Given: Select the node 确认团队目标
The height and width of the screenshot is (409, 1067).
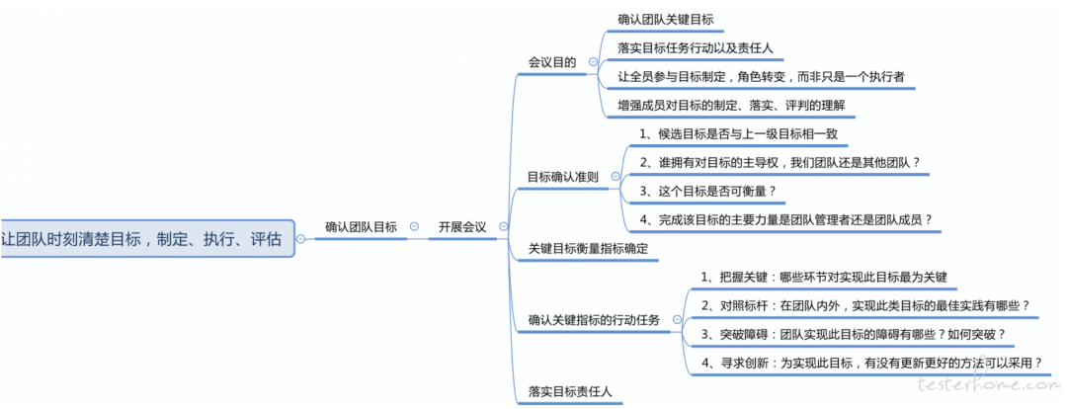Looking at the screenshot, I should pyautogui.click(x=361, y=227).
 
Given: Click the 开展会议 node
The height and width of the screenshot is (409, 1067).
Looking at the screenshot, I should pyautogui.click(x=462, y=227).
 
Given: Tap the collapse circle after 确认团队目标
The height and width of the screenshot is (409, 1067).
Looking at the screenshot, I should pyautogui.click(x=414, y=227).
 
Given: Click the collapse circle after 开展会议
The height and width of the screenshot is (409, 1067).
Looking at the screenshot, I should pyautogui.click(x=504, y=227).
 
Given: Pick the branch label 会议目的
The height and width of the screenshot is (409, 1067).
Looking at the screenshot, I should pyautogui.click(x=551, y=62).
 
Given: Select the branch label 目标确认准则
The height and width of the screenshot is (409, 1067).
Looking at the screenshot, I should pyautogui.click(x=563, y=177).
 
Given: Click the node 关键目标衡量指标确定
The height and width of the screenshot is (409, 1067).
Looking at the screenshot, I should pyautogui.click(x=588, y=248).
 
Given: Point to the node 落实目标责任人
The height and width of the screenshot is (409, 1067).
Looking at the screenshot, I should pyautogui.click(x=570, y=391).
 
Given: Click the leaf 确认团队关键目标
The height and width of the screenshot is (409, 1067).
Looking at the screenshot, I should pyautogui.click(x=665, y=19).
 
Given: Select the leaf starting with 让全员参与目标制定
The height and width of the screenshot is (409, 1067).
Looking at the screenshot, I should pyautogui.click(x=761, y=76).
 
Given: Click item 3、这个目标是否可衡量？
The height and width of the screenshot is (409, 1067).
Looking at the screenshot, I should pyautogui.click(x=707, y=191).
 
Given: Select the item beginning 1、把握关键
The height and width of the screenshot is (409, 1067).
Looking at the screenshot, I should pyautogui.click(x=824, y=277).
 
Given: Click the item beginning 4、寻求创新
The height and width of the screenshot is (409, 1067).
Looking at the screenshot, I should pyautogui.click(x=871, y=363).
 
